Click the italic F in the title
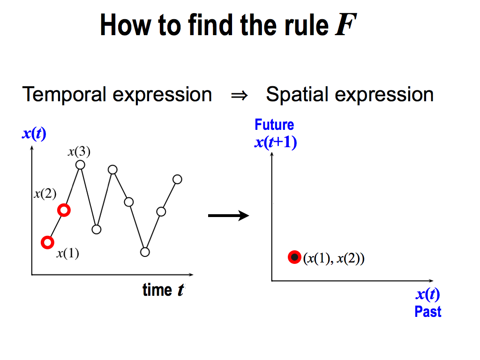[346, 25]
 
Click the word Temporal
[65, 95]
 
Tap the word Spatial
[297, 95]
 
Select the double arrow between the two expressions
[240, 96]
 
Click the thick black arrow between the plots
[228, 216]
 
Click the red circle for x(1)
[47, 242]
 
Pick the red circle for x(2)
[64, 210]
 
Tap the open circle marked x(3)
[80, 165]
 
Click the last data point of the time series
[177, 179]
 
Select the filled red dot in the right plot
[294, 257]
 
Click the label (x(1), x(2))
[334, 258]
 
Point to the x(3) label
[79, 151]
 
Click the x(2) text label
[45, 194]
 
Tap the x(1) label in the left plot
[67, 253]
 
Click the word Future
[274, 125]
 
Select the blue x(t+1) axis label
[276, 142]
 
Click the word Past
[428, 312]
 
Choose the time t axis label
[164, 290]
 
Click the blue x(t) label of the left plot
[34, 134]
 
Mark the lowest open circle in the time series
[145, 252]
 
